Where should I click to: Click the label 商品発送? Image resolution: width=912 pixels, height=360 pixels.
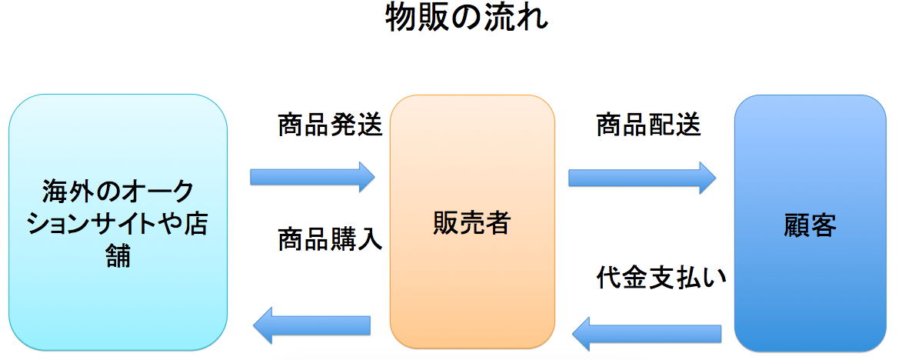click(330, 125)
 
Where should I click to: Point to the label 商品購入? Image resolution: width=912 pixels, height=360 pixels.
click(330, 240)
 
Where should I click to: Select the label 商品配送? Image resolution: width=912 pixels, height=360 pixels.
click(648, 125)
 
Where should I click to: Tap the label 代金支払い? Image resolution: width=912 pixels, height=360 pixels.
click(662, 278)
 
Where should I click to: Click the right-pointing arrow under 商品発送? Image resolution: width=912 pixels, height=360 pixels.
click(312, 177)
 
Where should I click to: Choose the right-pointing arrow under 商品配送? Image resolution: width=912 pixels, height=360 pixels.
click(642, 178)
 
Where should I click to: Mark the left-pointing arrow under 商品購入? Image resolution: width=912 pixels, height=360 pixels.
click(312, 325)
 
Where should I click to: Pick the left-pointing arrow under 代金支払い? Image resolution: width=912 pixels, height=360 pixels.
click(647, 333)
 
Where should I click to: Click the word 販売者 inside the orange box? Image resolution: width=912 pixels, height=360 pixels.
click(472, 223)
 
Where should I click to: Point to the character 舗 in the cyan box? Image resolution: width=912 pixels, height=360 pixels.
click(118, 255)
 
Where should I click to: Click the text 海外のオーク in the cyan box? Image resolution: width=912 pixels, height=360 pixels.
click(118, 189)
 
